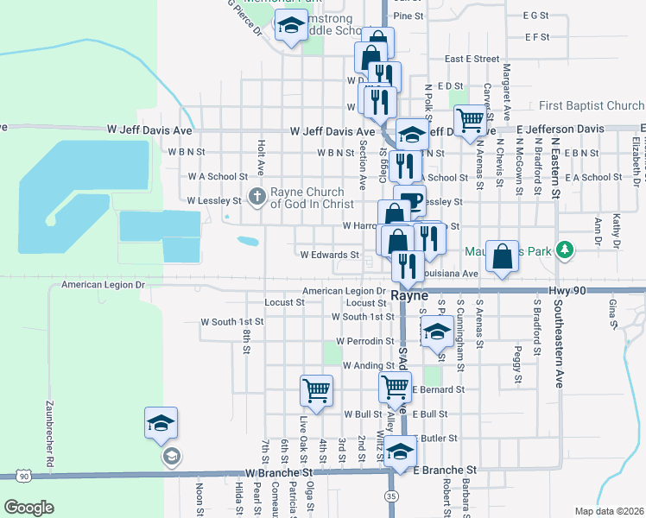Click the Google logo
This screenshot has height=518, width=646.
29,508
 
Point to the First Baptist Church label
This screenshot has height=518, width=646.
591,106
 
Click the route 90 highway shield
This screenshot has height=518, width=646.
23,476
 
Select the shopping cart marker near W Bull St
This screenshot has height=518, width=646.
316,390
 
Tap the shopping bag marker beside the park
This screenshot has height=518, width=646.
503,256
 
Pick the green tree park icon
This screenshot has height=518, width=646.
565,250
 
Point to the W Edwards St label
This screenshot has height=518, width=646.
329,255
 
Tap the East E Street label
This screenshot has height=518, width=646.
472,59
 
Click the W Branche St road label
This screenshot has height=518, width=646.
278,473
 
